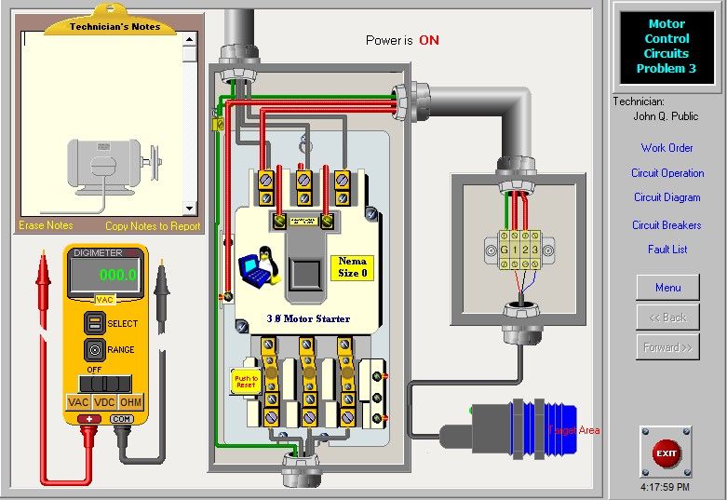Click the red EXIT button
666,453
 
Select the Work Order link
666,148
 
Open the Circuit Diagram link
666,197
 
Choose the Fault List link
667,250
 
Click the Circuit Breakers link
666,225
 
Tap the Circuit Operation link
667,173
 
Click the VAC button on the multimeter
78,402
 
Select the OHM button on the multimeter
131,402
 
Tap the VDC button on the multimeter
105,402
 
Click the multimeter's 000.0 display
104,275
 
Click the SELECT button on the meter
94,323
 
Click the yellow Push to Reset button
245,381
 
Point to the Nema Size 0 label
352,267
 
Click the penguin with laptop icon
261,268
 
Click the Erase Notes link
46,225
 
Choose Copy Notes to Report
153,225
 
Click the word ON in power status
429,40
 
